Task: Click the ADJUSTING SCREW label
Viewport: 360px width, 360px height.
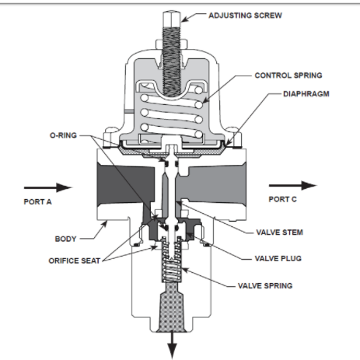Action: pos(245,16)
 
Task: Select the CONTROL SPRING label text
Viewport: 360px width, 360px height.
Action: pos(288,75)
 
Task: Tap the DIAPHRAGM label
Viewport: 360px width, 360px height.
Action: pos(306,94)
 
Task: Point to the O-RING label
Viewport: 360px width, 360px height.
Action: pos(63,135)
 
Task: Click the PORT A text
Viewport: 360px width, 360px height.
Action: pos(37,201)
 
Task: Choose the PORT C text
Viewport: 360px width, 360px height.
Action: pos(282,199)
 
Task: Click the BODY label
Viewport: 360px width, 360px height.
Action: pos(65,239)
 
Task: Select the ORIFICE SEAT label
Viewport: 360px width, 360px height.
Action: pos(75,260)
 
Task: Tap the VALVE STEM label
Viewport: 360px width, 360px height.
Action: pos(279,232)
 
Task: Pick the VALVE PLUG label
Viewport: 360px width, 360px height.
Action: pos(278,258)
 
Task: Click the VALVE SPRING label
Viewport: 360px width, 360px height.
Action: pos(265,285)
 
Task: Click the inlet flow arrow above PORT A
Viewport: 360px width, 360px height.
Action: pos(48,187)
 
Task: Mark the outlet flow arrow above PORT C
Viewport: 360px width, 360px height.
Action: pos(292,185)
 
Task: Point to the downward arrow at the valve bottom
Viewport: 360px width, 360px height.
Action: pos(172,344)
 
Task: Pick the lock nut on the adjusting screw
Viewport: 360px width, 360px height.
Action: pos(171,44)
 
